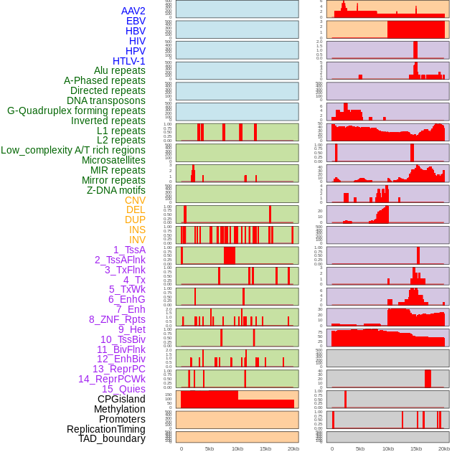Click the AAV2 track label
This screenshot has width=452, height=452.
(133, 11)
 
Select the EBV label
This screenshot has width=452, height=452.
(136, 21)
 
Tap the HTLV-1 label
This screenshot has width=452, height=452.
(129, 61)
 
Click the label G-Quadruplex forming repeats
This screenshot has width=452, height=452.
(76, 110)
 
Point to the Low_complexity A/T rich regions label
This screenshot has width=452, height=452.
(73, 150)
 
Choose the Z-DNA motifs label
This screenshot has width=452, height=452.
(116, 190)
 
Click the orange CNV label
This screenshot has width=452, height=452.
(135, 200)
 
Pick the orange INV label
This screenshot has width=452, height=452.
(137, 240)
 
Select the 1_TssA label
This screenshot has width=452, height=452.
(129, 250)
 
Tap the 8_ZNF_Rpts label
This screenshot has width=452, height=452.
(117, 319)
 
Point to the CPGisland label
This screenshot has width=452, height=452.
(121, 399)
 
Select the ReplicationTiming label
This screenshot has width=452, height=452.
(105, 429)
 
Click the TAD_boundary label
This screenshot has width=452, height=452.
(112, 438)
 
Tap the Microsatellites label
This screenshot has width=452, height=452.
(113, 160)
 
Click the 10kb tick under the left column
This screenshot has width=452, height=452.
(237, 448)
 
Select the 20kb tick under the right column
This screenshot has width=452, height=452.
(444, 448)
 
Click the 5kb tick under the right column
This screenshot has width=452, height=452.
(359, 448)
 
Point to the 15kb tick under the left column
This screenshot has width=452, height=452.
(265, 448)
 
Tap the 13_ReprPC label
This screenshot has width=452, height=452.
(118, 369)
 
